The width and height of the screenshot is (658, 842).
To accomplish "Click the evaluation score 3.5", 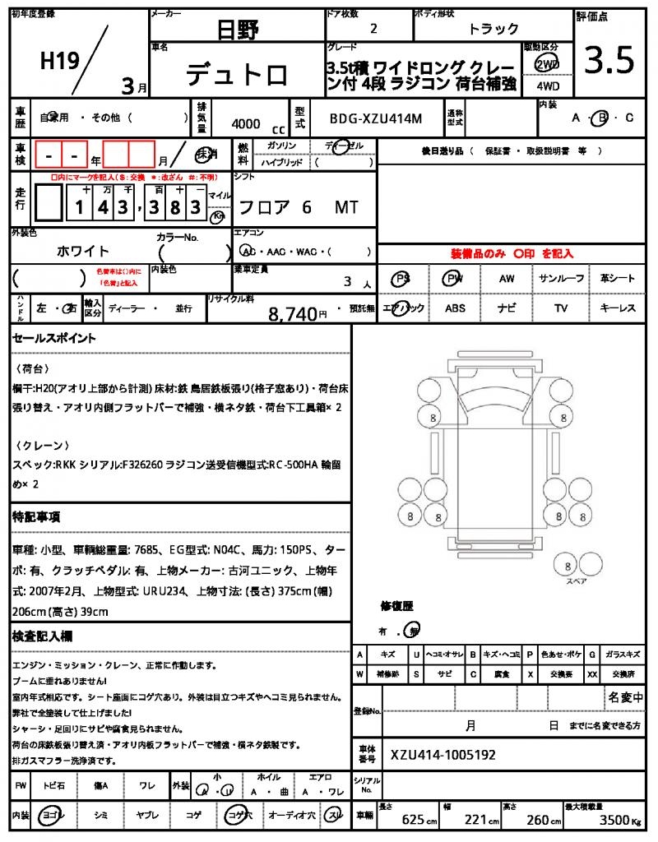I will tap(609, 60).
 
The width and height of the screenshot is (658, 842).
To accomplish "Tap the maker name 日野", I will tap(238, 30).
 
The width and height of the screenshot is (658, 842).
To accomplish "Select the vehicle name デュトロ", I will tap(237, 76).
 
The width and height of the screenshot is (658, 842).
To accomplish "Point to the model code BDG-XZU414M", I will tap(375, 118).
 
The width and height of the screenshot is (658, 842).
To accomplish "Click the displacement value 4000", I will tap(246, 124).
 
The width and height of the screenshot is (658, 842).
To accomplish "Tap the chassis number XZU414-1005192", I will tap(443, 755).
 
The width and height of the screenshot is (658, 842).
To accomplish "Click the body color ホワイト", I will tap(83, 251).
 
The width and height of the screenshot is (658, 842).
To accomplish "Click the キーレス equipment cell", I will tap(618, 308).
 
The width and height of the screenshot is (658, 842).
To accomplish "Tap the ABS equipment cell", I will tap(455, 308).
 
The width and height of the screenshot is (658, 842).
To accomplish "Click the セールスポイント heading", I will tap(53, 338).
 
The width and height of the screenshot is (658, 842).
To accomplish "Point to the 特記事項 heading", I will tap(35, 516).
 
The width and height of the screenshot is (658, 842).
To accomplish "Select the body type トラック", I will tap(493, 29).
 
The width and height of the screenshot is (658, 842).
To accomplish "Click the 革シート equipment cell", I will tap(618, 279).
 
